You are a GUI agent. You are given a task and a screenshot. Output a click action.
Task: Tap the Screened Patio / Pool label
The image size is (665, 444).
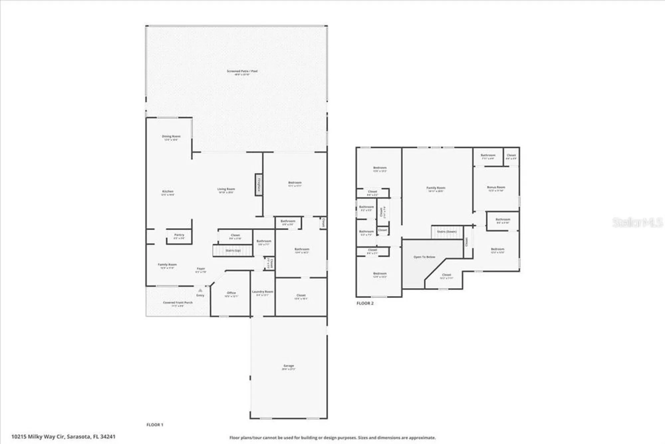point(242,71)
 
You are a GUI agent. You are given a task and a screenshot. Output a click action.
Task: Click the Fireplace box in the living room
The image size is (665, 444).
point(259,184)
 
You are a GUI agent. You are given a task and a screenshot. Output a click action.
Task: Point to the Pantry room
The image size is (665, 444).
point(179,236)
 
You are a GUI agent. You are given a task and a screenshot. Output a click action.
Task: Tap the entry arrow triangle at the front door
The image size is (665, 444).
point(200,290)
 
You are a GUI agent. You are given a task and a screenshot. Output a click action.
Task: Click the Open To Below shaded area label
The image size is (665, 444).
point(424,257)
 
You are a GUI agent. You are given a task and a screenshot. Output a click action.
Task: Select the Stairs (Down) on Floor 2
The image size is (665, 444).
point(447,232)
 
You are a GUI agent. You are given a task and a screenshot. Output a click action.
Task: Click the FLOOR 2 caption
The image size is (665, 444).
point(365,303)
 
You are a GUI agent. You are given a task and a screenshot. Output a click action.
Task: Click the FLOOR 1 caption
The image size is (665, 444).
point(155,425)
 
